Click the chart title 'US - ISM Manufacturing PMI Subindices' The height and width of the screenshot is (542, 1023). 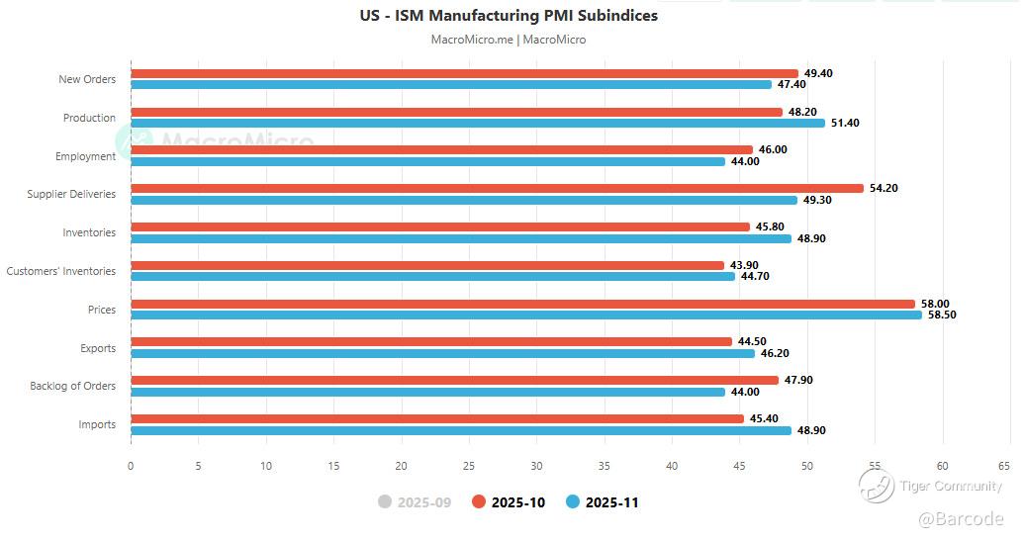pos(509,16)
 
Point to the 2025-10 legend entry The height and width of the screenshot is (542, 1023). pos(509,502)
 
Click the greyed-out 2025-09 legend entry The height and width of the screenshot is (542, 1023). pos(415,502)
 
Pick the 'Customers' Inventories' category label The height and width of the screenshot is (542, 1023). pos(61,271)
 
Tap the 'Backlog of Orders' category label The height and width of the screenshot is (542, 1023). pos(72,386)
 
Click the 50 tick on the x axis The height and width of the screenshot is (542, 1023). pos(807,466)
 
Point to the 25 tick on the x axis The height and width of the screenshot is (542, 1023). pos(469,466)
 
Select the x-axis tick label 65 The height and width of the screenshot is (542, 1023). pos(1003,466)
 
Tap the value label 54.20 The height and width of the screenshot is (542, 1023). pos(883,188)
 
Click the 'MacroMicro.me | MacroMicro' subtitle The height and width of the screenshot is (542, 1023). pos(509,40)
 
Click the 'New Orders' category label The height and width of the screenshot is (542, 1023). pos(87,79)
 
